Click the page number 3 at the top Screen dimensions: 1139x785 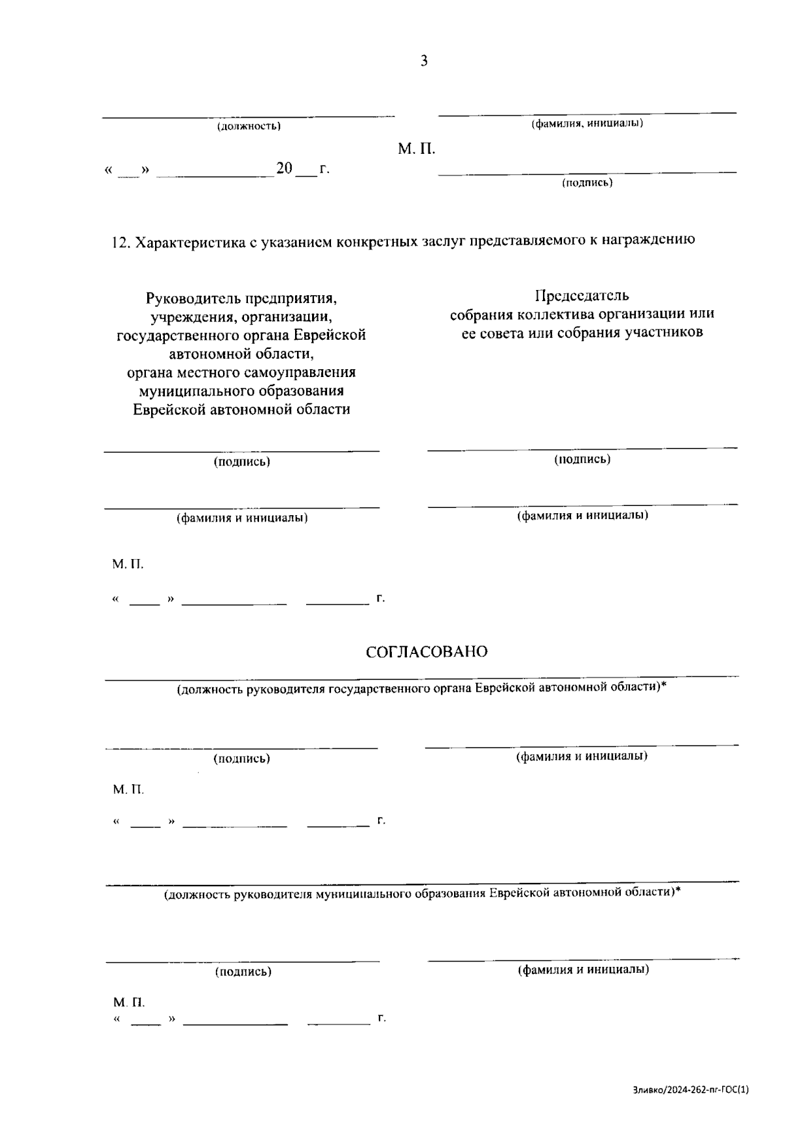pos(424,62)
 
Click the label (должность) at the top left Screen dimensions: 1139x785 pos(249,126)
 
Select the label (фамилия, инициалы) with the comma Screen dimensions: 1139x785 pos(587,123)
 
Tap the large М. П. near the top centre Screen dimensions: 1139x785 pos(417,149)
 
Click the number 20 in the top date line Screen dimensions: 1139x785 pos(285,169)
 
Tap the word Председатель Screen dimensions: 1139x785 pos(582,295)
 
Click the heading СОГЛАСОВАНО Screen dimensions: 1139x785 pos(427,652)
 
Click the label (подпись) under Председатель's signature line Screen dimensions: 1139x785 pos(582,460)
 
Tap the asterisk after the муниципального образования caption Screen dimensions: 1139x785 pos(678,891)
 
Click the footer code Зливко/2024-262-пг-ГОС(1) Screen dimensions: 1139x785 pos(690,1091)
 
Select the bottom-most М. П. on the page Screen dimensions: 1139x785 pos(128,1002)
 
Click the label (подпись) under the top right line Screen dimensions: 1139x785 pos(587,183)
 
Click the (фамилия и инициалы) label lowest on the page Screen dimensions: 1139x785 pos(584,969)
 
